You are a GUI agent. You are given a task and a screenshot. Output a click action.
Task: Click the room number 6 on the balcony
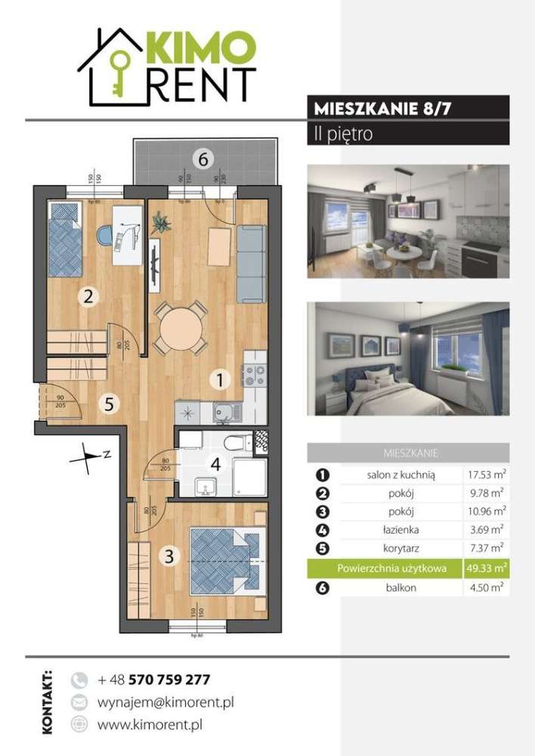(x=202, y=159)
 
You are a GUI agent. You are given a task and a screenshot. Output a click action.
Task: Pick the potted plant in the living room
(x=161, y=224)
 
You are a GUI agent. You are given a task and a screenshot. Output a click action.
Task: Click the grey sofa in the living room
(x=250, y=262)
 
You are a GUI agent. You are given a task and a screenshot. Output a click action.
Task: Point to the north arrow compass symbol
(x=92, y=455)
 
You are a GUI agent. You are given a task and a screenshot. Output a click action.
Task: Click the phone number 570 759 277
(x=169, y=679)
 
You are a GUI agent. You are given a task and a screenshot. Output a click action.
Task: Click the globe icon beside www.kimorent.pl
(x=79, y=725)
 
